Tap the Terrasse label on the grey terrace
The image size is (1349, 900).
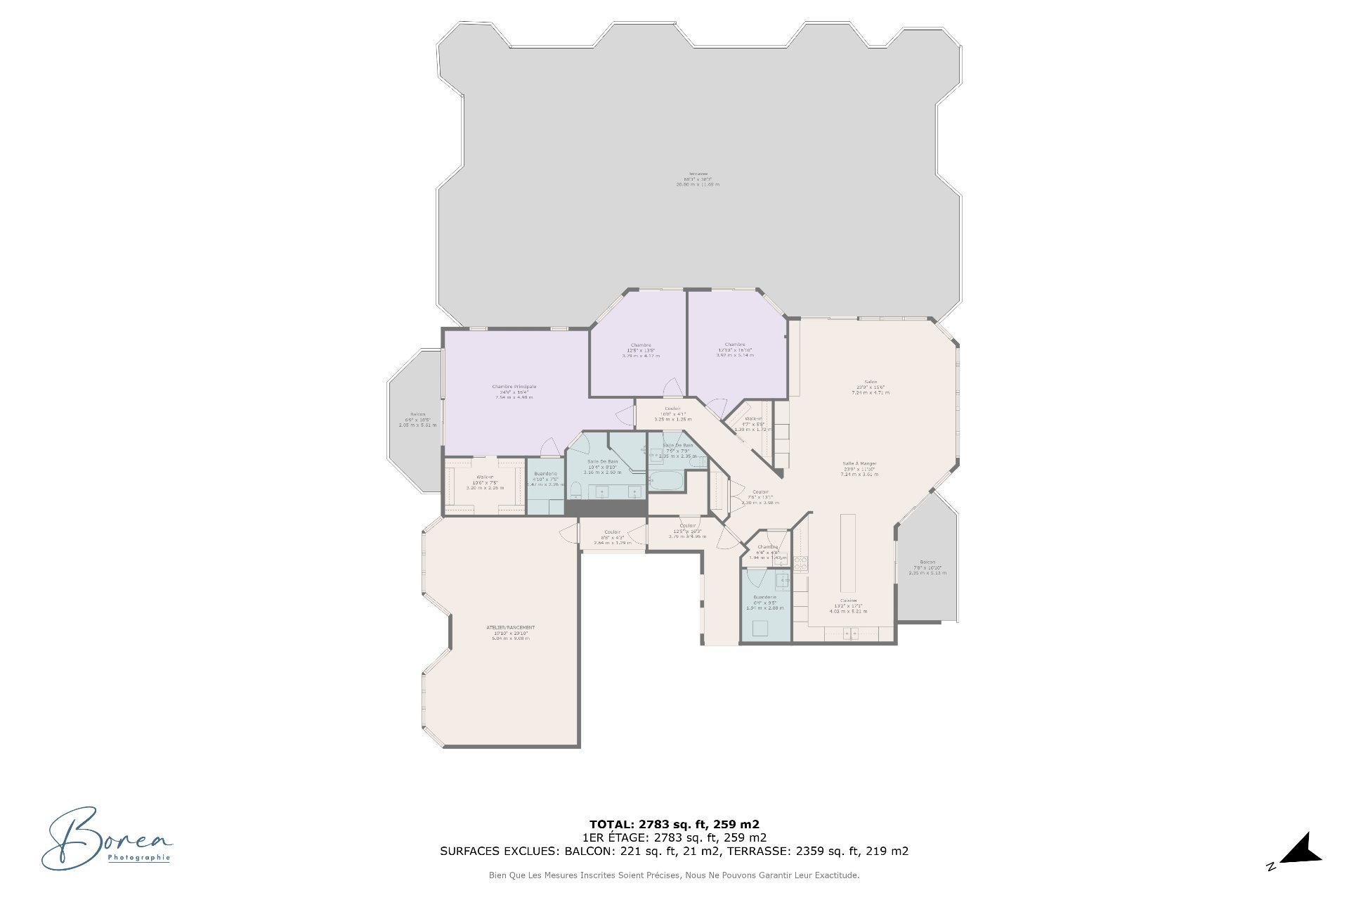click(698, 174)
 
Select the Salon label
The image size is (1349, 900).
click(871, 382)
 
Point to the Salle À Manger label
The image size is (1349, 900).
click(859, 464)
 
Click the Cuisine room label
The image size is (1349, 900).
click(848, 600)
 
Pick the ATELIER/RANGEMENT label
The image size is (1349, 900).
click(511, 628)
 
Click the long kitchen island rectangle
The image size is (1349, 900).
click(848, 553)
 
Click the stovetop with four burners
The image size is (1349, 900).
click(800, 562)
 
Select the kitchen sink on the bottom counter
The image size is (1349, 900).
click(850, 634)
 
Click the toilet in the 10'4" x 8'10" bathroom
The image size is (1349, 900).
click(575, 489)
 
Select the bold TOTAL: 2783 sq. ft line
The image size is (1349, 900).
click(674, 824)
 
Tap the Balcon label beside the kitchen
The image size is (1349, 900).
click(927, 562)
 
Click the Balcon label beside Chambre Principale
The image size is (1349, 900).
click(417, 414)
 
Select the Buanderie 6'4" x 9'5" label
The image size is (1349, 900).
click(764, 597)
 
